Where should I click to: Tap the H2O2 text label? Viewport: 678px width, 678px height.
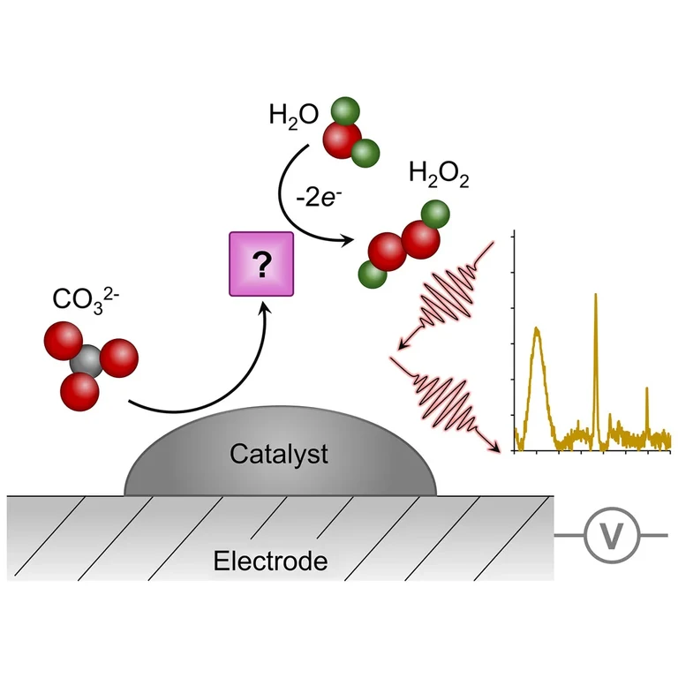tap(438, 175)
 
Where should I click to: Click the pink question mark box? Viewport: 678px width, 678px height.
tap(260, 263)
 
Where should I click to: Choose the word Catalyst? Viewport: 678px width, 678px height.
tap(279, 455)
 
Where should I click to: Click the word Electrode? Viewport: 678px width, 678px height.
tap(270, 561)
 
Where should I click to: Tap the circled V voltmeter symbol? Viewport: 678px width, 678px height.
tap(609, 535)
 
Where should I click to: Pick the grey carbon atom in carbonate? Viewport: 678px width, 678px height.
tap(85, 358)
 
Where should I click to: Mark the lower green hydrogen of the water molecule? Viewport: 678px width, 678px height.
tap(365, 154)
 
